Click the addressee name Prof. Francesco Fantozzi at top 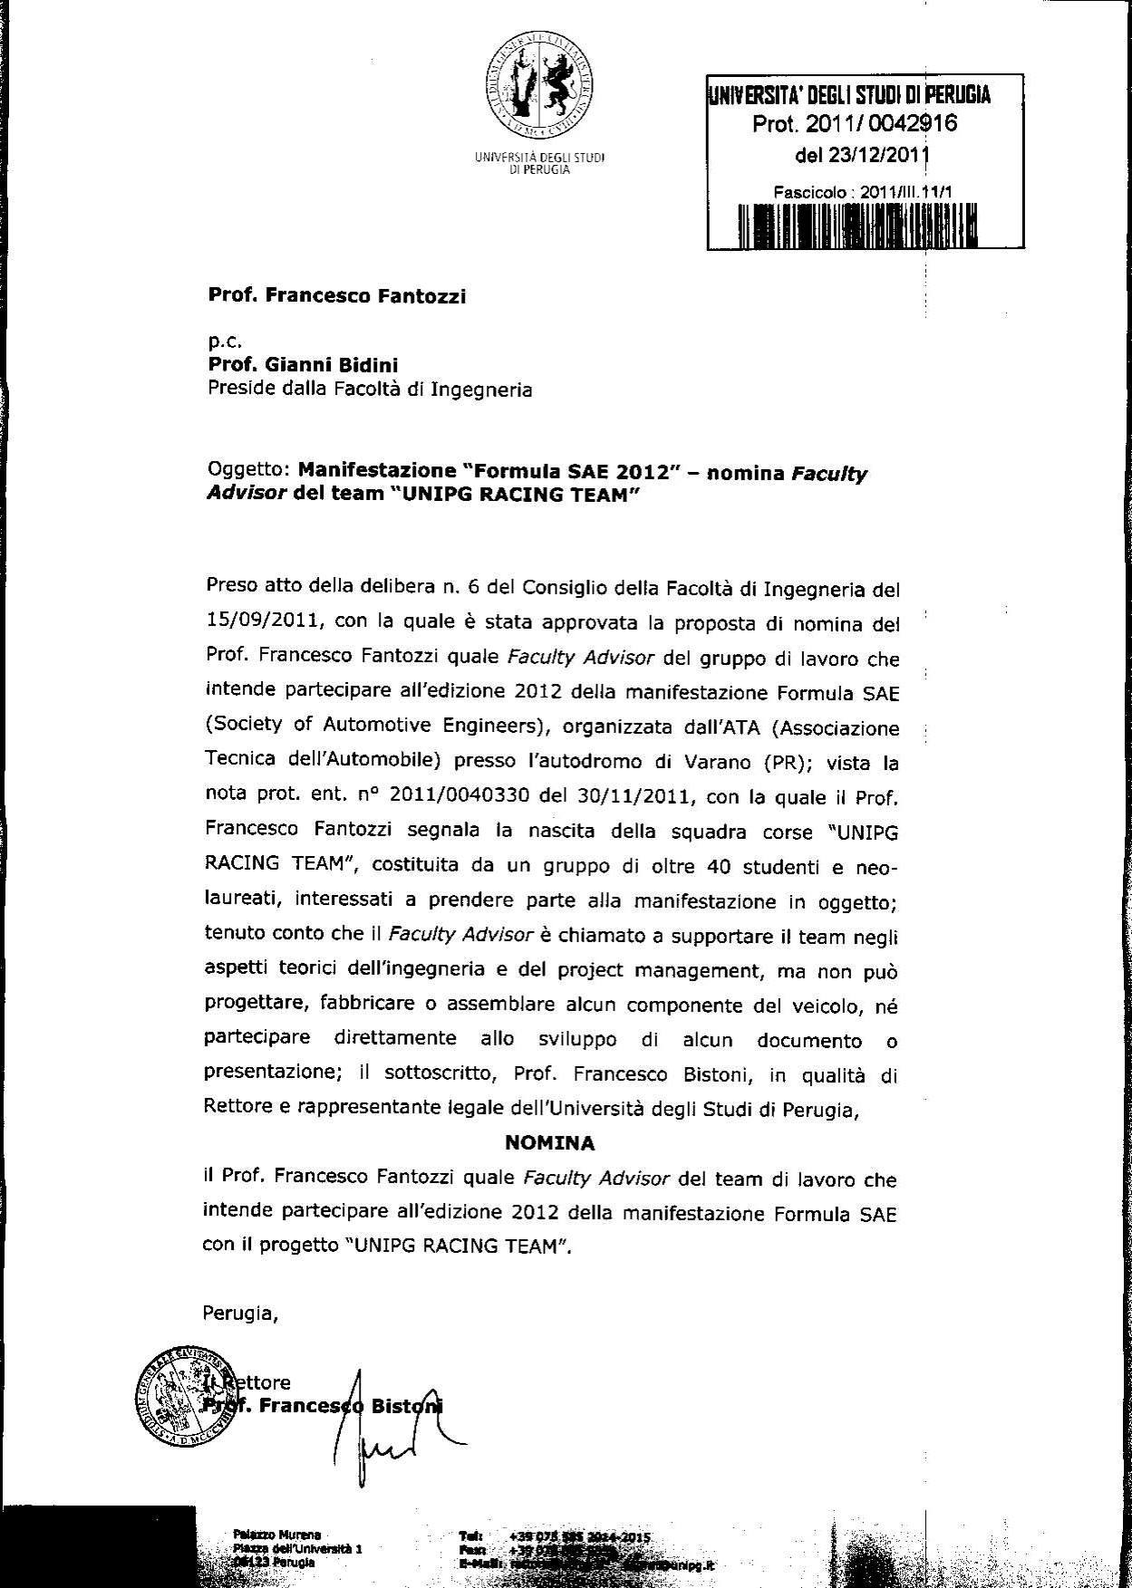[337, 295]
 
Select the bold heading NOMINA [549, 1143]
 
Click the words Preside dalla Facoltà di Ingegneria [370, 390]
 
